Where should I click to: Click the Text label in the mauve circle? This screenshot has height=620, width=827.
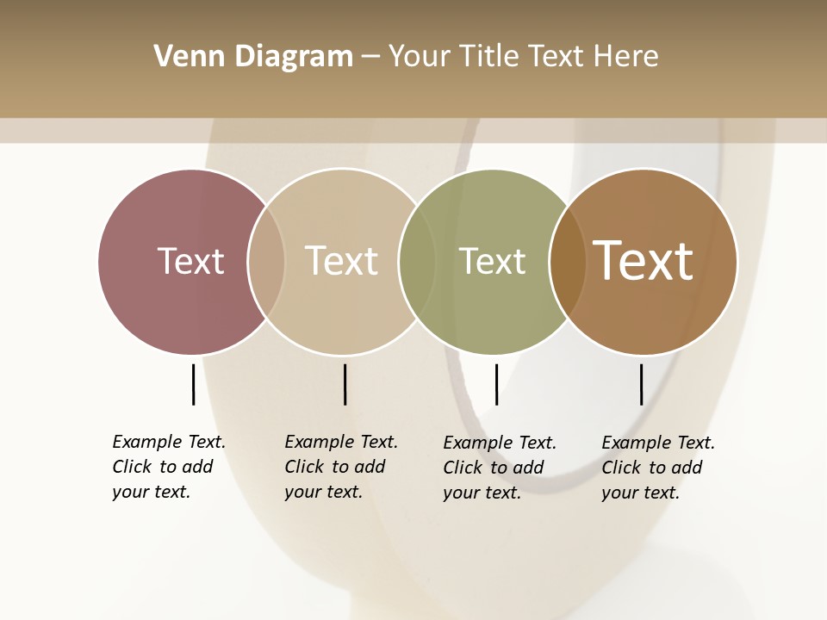click(190, 261)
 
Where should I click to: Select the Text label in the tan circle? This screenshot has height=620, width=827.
click(341, 261)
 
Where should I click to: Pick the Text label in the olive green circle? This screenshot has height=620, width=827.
click(492, 261)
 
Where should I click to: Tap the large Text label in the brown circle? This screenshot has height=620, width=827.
click(644, 260)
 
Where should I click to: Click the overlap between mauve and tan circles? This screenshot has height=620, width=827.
click(266, 261)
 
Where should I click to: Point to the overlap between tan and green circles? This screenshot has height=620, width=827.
click(417, 261)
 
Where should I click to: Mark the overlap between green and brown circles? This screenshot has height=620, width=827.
click(568, 261)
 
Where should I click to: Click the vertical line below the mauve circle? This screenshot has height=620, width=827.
click(193, 384)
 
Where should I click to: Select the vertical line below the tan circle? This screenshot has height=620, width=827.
click(345, 384)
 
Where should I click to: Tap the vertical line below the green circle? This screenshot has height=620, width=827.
click(496, 384)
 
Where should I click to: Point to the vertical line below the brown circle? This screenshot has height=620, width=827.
click(641, 384)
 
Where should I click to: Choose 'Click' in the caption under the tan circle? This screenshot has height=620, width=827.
click(304, 467)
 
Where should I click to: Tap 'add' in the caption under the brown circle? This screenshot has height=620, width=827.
click(686, 468)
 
